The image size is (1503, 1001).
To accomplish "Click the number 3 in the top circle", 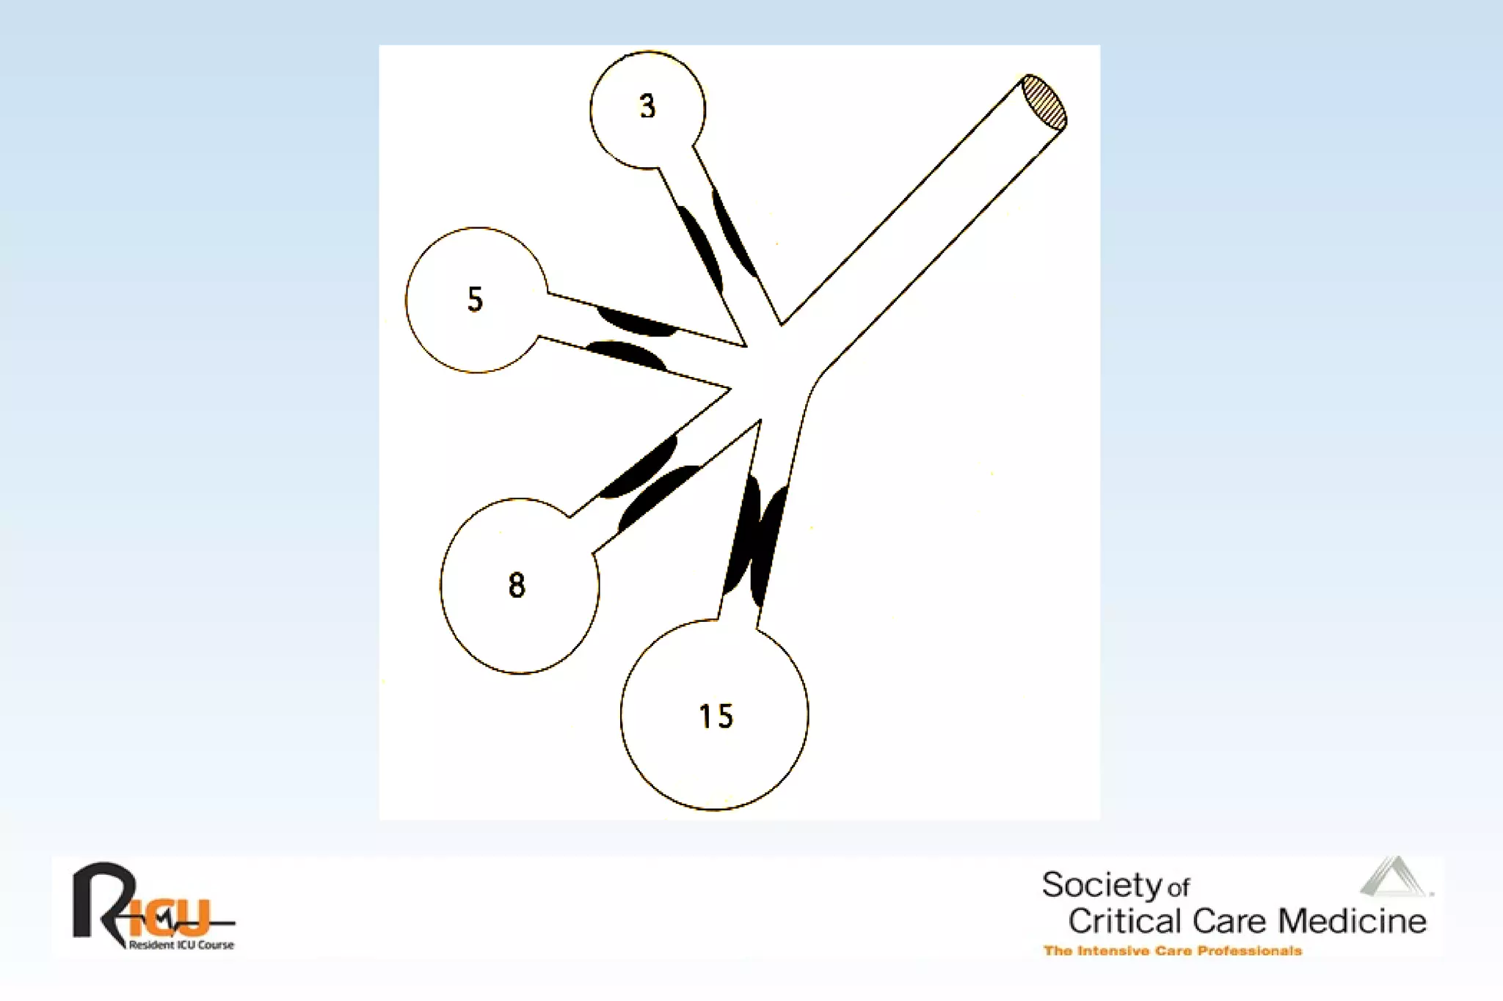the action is pyautogui.click(x=647, y=106).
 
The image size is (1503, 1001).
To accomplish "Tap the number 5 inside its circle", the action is pyautogui.click(x=476, y=299).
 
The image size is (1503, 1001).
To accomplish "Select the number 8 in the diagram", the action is pyautogui.click(x=517, y=585).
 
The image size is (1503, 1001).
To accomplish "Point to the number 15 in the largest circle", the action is pyautogui.click(x=716, y=716).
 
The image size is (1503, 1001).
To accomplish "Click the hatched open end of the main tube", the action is pyautogui.click(x=1044, y=102).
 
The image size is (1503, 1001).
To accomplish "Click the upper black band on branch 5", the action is pyautogui.click(x=636, y=322).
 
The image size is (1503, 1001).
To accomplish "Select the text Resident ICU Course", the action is pyautogui.click(x=181, y=945).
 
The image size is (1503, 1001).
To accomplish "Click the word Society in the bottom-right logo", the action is pyautogui.click(x=1102, y=885).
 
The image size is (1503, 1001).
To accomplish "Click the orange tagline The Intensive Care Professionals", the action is pyautogui.click(x=1172, y=951).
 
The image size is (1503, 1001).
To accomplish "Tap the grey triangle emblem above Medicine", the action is pyautogui.click(x=1395, y=877).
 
